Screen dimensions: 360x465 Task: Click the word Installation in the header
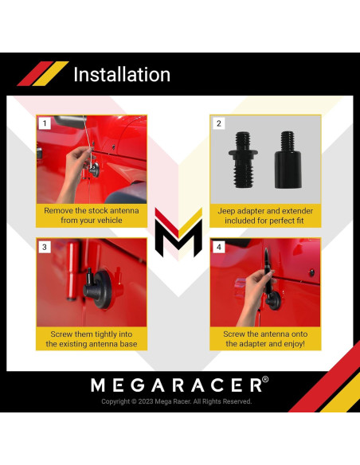(122, 74)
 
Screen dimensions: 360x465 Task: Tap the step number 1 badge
(45, 123)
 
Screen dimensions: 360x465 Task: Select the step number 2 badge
(219, 123)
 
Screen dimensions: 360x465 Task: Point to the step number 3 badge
(45, 247)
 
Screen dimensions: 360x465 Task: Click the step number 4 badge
(219, 247)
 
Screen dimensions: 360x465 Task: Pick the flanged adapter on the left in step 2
(243, 159)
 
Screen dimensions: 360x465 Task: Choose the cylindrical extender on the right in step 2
(288, 159)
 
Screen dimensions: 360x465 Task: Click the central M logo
(178, 232)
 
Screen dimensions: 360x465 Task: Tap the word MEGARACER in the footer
(176, 385)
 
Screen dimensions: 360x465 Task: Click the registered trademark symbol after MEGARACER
(265, 379)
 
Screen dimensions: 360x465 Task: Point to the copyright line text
(177, 401)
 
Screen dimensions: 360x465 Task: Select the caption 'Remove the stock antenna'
(92, 210)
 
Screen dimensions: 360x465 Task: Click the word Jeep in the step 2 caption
(225, 211)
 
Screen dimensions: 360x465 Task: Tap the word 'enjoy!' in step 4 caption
(294, 344)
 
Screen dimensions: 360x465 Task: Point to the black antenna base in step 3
(99, 287)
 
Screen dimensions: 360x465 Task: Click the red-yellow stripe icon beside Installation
(43, 73)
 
